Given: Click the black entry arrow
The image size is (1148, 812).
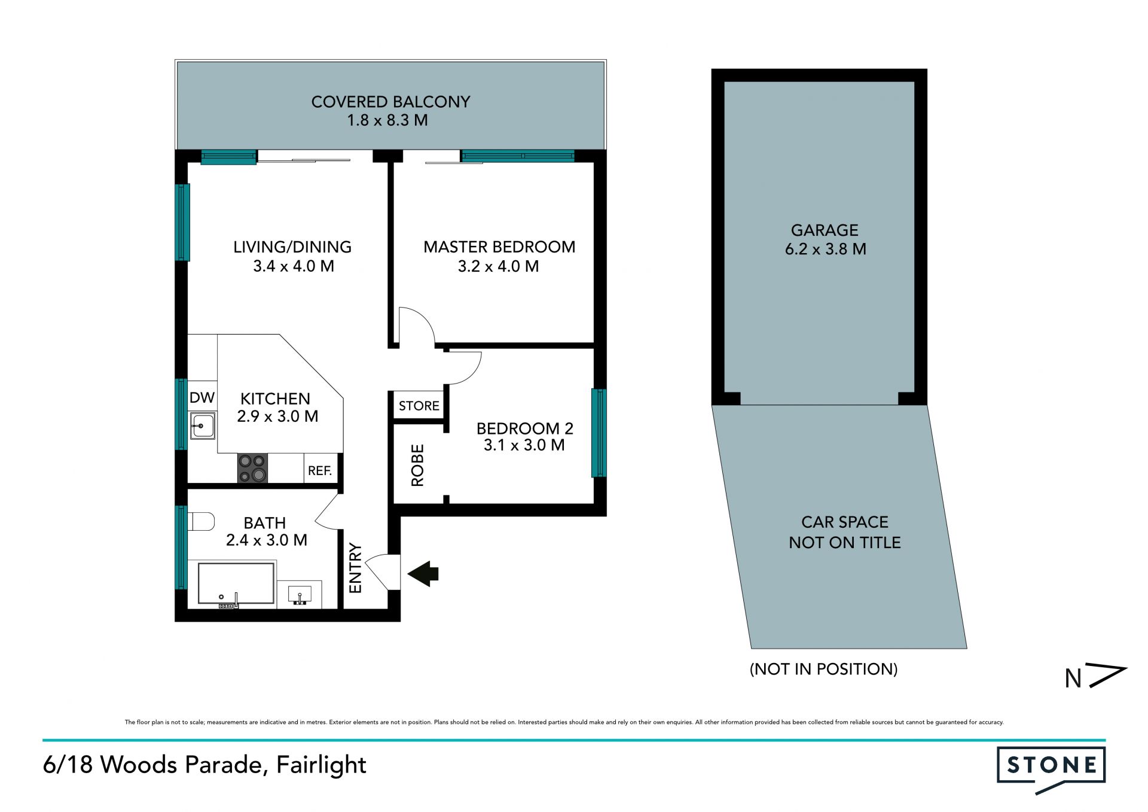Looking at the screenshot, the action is (x=423, y=573).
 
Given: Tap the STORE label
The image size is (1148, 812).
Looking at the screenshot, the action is (x=419, y=406).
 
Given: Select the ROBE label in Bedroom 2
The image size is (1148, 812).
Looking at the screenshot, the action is (x=417, y=465).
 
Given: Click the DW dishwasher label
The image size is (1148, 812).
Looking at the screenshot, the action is (x=202, y=397).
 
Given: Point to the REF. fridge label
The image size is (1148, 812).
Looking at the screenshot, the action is (x=320, y=471).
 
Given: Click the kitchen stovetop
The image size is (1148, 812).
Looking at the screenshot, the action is (x=252, y=469).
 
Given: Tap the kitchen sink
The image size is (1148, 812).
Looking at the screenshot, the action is (x=203, y=426).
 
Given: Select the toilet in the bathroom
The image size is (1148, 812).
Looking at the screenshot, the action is (x=201, y=521).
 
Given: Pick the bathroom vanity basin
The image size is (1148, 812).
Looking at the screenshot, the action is (x=300, y=595).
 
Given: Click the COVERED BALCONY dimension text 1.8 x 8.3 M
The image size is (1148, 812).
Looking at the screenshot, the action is (x=387, y=120).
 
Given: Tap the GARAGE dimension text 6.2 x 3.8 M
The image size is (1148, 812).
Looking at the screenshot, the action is (x=826, y=249).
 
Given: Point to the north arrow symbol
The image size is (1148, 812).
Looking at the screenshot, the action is (x=1096, y=676).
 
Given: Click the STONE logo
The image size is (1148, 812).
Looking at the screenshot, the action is (x=1051, y=768).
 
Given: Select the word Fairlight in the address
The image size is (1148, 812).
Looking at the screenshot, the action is (x=321, y=765).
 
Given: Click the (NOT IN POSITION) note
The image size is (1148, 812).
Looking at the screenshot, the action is (x=824, y=669).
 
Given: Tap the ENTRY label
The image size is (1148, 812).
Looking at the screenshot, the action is (x=355, y=568).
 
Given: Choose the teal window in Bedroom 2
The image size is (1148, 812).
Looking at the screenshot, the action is (x=599, y=433).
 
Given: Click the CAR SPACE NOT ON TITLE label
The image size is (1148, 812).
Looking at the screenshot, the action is (x=845, y=532).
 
